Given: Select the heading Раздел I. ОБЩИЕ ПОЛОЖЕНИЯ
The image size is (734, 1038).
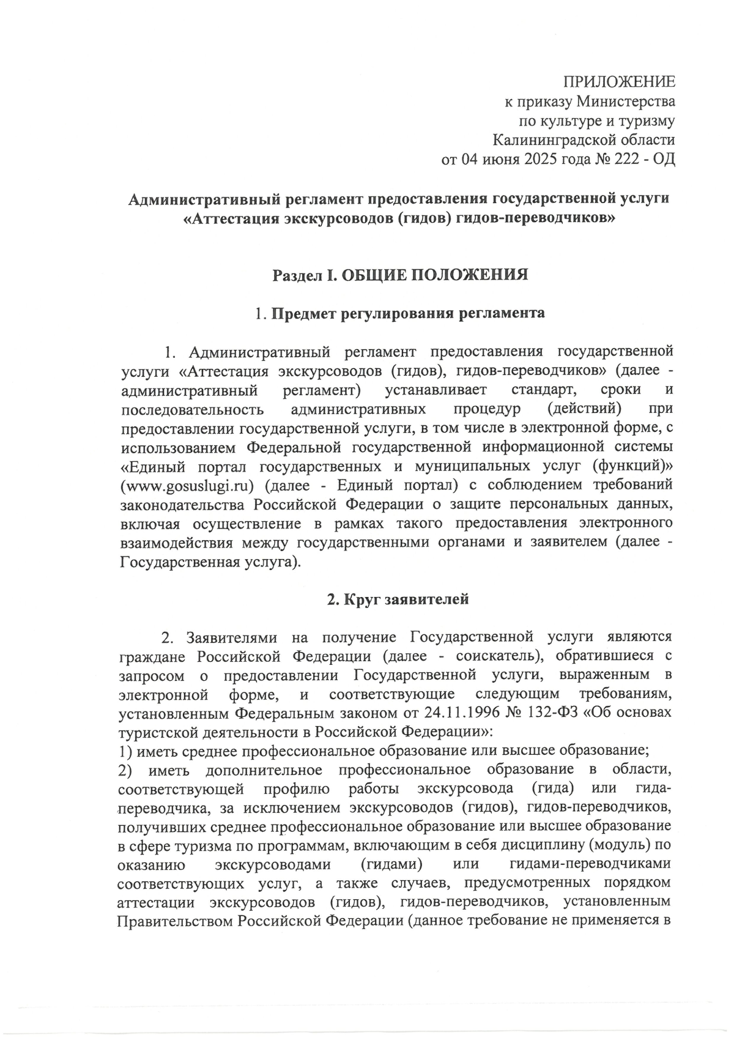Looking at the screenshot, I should pyautogui.click(x=400, y=275).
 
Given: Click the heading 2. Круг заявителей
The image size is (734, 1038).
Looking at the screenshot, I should pyautogui.click(x=398, y=599).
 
